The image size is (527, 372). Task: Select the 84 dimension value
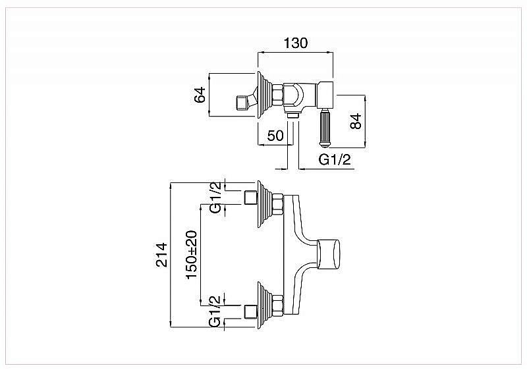pos(356,121)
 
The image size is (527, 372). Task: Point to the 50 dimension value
pos(275,136)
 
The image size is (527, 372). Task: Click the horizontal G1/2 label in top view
pos(335,159)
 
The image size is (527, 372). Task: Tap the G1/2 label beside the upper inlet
pos(215,197)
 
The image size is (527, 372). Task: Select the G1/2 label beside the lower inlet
pos(215,311)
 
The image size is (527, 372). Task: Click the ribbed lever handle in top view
pos(325,128)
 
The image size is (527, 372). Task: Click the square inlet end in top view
pos(243,103)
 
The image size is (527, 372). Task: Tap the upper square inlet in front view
pos(250,196)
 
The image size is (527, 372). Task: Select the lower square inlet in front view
pos(250,311)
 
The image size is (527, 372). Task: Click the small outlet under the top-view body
pos(293,115)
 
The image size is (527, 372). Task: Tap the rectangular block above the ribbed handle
pos(326,93)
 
